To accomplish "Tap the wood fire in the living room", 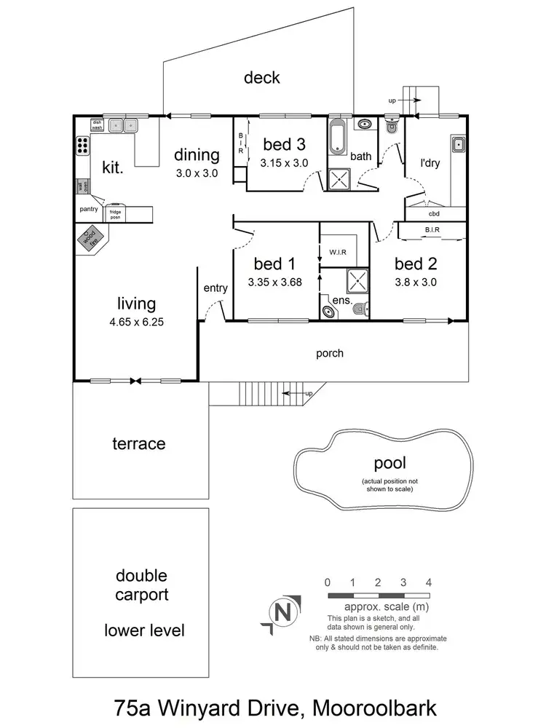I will [x=90, y=238].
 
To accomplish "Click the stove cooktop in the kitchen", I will [x=82, y=146].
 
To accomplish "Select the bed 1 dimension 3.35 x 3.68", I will [x=274, y=282].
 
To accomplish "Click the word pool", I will [x=389, y=463].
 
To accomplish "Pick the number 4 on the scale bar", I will [x=429, y=582].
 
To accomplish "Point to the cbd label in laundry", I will [x=435, y=213].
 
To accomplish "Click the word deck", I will [x=262, y=77].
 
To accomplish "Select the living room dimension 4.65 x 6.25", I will [x=137, y=320].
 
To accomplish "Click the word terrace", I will [x=138, y=443].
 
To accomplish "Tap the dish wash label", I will [x=96, y=124].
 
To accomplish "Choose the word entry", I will [x=215, y=288].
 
